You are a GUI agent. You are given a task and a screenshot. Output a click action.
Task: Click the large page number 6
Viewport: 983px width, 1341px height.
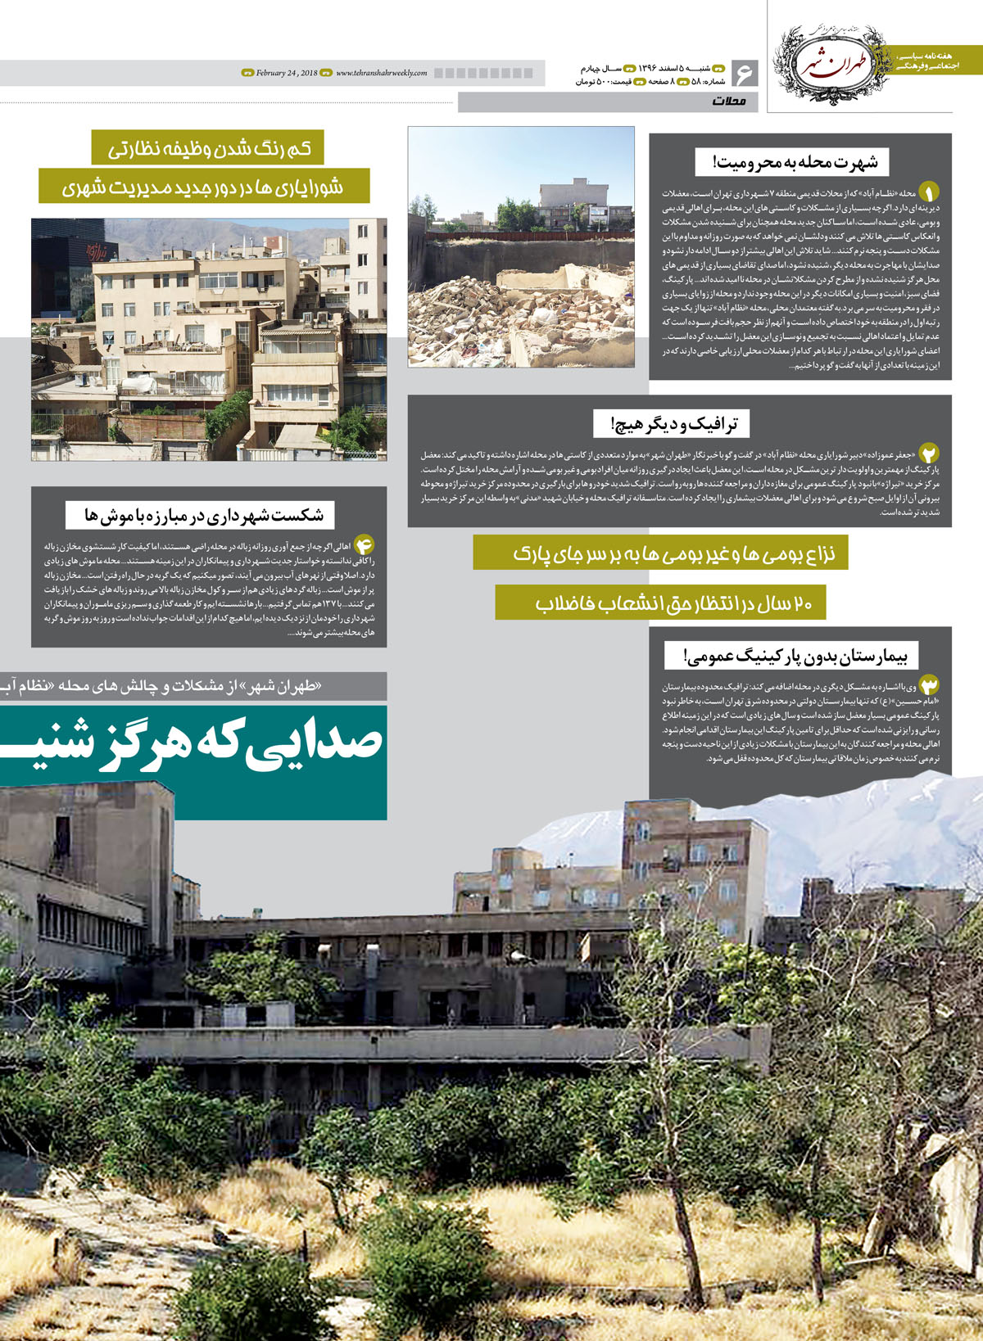745,74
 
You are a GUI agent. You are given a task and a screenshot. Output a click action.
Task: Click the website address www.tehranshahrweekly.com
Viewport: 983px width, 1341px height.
382,73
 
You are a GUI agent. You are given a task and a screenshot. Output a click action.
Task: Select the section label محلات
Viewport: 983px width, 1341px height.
729,102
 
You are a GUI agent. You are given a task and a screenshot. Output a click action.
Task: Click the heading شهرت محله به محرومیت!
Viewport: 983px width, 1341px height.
787,162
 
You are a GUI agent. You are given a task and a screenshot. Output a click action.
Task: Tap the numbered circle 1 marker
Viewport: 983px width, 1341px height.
928,192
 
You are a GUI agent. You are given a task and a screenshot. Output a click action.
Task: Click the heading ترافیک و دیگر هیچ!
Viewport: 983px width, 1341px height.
672,423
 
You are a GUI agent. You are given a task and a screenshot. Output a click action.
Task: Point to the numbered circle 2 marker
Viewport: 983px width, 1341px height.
929,454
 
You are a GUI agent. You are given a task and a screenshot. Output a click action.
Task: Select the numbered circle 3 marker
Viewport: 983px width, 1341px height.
929,684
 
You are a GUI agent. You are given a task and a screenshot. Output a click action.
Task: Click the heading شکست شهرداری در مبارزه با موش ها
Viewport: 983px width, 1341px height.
200,515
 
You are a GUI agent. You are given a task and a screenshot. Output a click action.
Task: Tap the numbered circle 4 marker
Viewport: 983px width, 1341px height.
364,544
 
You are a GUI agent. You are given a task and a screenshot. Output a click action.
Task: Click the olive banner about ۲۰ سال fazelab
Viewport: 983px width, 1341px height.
660,603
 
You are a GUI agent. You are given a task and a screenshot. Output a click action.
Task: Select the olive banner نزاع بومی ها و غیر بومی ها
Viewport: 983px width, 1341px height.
660,553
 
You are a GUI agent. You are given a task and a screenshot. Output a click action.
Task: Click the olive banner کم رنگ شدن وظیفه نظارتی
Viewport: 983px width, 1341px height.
207,148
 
